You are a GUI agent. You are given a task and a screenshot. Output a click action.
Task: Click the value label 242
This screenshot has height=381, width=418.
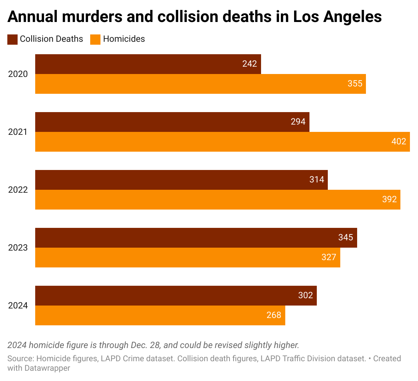click(x=249, y=64)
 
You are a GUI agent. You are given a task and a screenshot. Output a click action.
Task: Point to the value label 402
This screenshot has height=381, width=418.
click(x=399, y=142)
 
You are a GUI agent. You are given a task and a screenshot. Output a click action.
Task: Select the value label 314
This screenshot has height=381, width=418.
click(x=317, y=180)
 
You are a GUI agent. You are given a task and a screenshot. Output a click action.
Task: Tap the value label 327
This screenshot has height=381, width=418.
click(x=329, y=258)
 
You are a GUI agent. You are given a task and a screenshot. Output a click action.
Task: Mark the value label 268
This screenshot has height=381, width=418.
click(x=274, y=315)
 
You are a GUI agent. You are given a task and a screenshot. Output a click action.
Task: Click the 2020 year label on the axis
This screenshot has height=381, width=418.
click(x=18, y=74)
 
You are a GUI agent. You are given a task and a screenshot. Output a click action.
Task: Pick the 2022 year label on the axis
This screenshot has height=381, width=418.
click(x=18, y=190)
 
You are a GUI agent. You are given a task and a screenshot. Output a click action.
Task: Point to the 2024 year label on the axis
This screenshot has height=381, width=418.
click(x=18, y=306)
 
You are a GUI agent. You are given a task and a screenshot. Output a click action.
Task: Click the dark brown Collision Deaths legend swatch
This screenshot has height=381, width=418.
click(x=12, y=39)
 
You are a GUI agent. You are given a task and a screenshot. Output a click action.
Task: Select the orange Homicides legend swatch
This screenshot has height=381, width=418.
click(x=95, y=39)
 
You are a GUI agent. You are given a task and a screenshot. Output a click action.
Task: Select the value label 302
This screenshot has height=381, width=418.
click(x=305, y=296)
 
